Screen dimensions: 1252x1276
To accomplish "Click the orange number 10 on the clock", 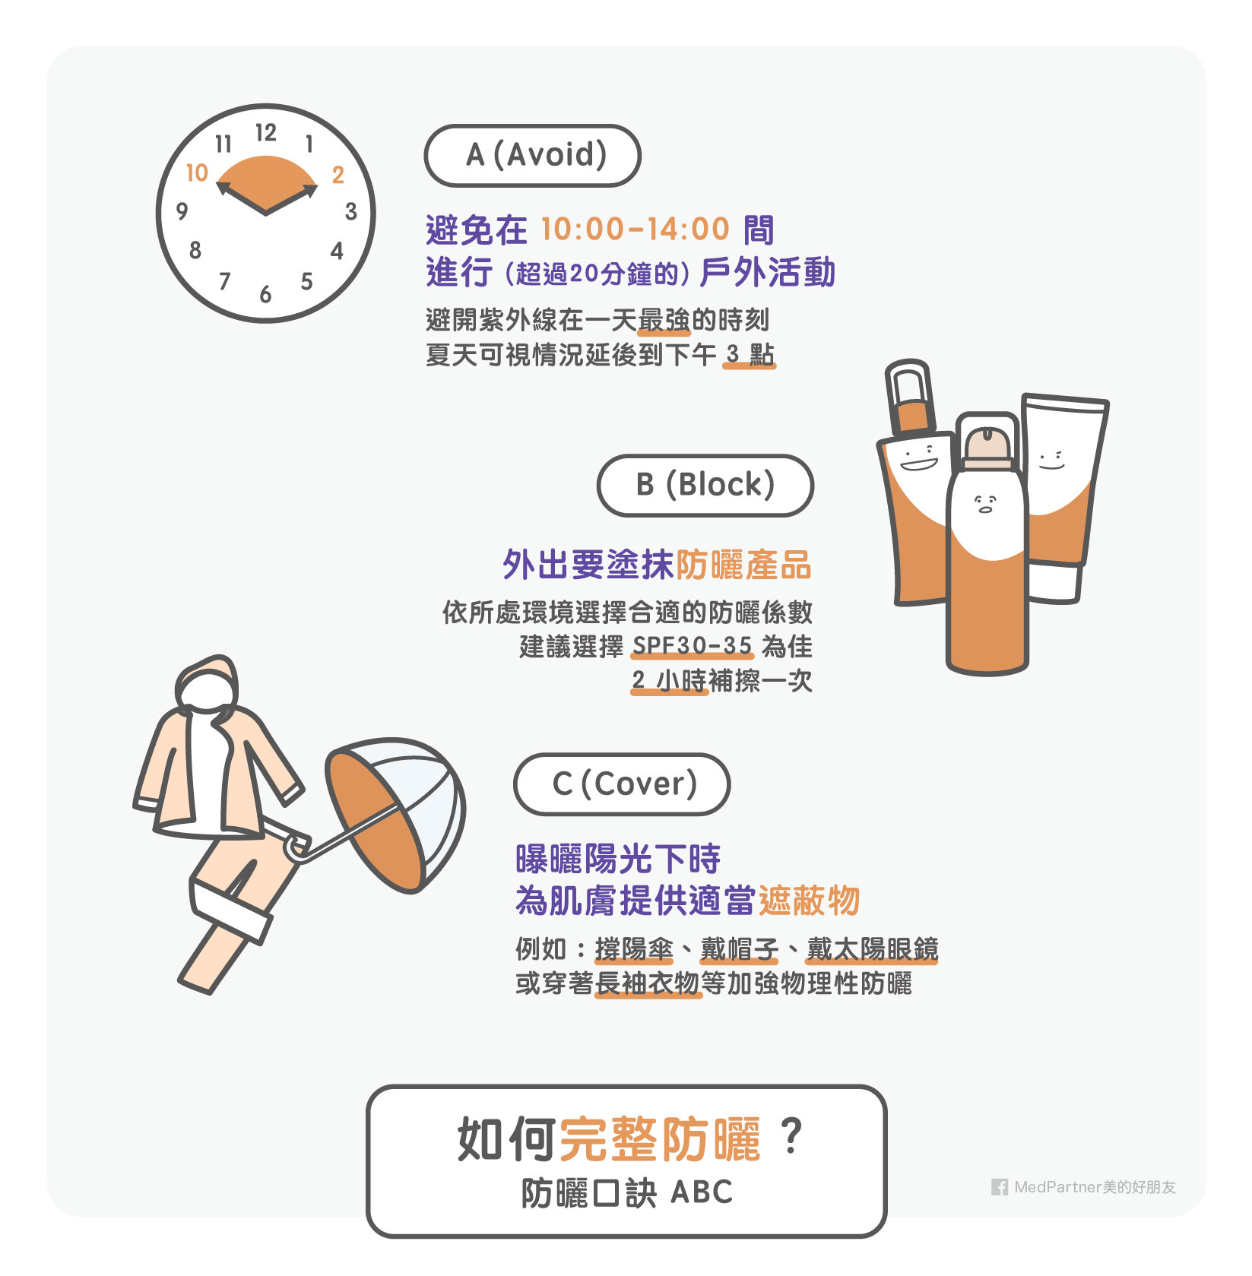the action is point(198,173).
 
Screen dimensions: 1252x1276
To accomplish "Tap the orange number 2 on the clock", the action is point(338,175).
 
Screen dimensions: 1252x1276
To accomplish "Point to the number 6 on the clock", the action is point(265,294).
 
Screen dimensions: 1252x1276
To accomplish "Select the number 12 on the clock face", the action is point(265,133).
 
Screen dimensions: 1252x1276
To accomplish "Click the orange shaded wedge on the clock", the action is point(266,182).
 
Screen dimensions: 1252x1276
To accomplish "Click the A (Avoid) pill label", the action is point(532,155).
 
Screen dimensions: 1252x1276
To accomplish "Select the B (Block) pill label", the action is point(705,485).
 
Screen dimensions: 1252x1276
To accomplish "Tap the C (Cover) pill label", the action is point(622,784).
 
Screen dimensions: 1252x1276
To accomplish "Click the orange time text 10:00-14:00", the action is point(636,229).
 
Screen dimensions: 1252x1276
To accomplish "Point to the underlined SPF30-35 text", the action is point(692,646).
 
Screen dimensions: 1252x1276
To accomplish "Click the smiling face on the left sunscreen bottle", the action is point(918,458).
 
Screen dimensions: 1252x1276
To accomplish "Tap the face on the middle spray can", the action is point(986,503).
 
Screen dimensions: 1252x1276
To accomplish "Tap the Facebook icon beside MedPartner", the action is point(1000,1187).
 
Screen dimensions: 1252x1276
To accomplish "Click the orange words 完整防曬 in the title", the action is point(660,1139).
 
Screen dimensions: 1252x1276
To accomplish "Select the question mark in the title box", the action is point(791,1137).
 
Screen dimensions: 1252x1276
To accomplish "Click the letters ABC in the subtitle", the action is point(702,1192).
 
